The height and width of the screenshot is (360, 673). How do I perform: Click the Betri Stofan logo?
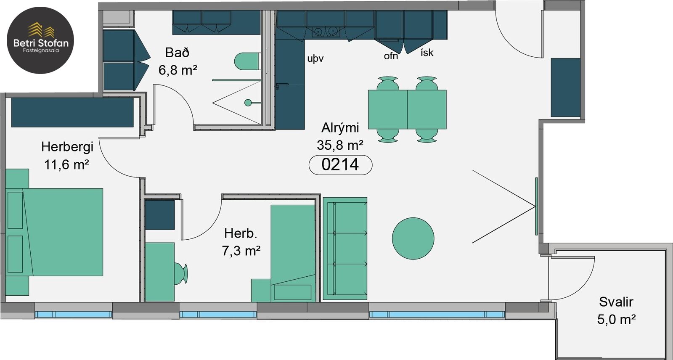(x=40, y=40)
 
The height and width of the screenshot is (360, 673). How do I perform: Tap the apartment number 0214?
(x=340, y=165)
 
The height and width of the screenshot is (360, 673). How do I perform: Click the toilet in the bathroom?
(x=247, y=61)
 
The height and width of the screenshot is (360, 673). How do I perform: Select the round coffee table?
(x=413, y=238)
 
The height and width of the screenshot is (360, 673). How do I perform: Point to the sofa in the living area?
(x=345, y=249)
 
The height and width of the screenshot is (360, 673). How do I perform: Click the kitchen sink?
(x=326, y=31)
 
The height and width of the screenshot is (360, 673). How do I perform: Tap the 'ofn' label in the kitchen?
(x=391, y=56)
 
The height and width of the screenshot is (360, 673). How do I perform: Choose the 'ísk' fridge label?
(x=427, y=53)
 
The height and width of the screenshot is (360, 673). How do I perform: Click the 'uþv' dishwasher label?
(x=315, y=58)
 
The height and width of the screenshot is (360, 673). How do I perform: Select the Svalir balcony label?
(x=616, y=302)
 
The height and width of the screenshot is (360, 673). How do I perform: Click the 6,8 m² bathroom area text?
(x=178, y=71)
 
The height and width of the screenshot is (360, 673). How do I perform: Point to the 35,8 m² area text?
(x=340, y=145)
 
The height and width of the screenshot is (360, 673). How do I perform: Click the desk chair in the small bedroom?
(x=181, y=273)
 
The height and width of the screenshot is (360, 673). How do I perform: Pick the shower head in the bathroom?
(x=248, y=103)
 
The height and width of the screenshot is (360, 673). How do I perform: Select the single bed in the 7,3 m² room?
(x=293, y=253)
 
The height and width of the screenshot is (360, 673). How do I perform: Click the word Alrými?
(x=340, y=128)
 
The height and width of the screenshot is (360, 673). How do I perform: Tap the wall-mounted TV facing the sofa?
(x=536, y=206)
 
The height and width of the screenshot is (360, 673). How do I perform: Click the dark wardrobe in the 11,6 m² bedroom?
(x=72, y=112)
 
